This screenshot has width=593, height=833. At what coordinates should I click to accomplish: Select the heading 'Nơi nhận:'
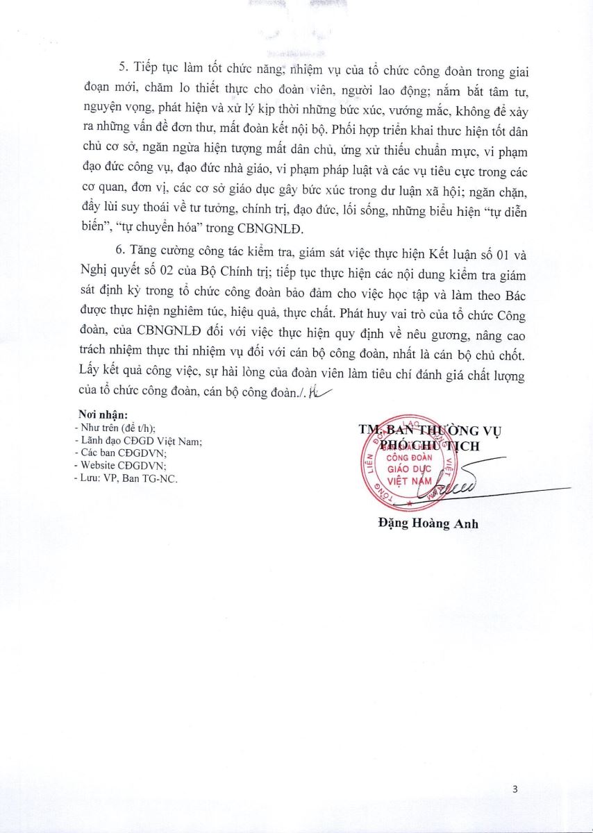(x=103, y=415)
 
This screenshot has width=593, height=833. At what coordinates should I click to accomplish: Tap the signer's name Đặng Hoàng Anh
(x=423, y=524)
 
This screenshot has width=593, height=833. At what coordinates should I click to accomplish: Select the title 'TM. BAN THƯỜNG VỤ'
(x=431, y=430)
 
